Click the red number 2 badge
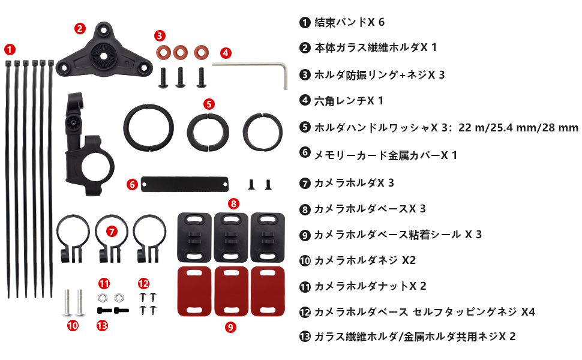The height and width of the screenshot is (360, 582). click(80, 29)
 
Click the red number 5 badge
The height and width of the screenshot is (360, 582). click(209, 104)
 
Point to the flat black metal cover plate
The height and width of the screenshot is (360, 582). click(184, 184)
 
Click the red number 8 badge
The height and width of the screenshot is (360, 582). click(233, 203)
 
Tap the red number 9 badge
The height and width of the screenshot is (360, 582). click(230, 327)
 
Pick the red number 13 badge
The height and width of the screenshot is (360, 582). click(102, 325)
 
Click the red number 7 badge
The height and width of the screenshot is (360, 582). click(112, 232)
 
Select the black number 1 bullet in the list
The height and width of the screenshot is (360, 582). click(305, 23)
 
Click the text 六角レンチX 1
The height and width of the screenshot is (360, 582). click(349, 101)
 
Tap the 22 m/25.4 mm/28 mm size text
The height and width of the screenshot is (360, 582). click(518, 128)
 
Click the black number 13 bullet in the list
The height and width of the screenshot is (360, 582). click(305, 337)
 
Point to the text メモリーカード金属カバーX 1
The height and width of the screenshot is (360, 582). click(386, 155)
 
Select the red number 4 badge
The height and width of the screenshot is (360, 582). click(226, 53)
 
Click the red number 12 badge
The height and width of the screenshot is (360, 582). click(143, 284)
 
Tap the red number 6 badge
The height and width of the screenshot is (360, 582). click(132, 184)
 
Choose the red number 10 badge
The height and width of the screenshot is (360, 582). click(73, 325)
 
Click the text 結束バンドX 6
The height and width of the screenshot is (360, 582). click(350, 22)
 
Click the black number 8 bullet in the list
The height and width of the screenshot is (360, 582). click(305, 209)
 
